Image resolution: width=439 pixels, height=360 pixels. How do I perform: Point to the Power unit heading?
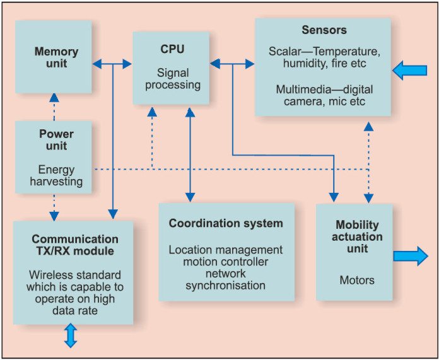pos(56,139)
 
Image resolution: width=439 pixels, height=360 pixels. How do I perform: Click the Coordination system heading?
pos(226,223)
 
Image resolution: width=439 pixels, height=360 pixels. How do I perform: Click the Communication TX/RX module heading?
pos(74,245)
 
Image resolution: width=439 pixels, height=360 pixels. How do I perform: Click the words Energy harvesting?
pos(56,175)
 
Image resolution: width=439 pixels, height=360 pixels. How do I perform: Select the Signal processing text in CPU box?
pos(172,79)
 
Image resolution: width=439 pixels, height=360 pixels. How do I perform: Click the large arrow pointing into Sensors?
pos(409,70)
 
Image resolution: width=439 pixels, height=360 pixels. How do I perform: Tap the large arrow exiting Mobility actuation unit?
pos(411,256)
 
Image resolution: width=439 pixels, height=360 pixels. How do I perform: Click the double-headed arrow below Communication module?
pos(71,335)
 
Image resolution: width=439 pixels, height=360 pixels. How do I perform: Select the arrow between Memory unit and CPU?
pos(112,63)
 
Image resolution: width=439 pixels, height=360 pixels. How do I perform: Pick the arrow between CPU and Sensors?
pos(231,63)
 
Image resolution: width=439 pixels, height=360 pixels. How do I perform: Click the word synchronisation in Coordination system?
pos(226,285)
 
